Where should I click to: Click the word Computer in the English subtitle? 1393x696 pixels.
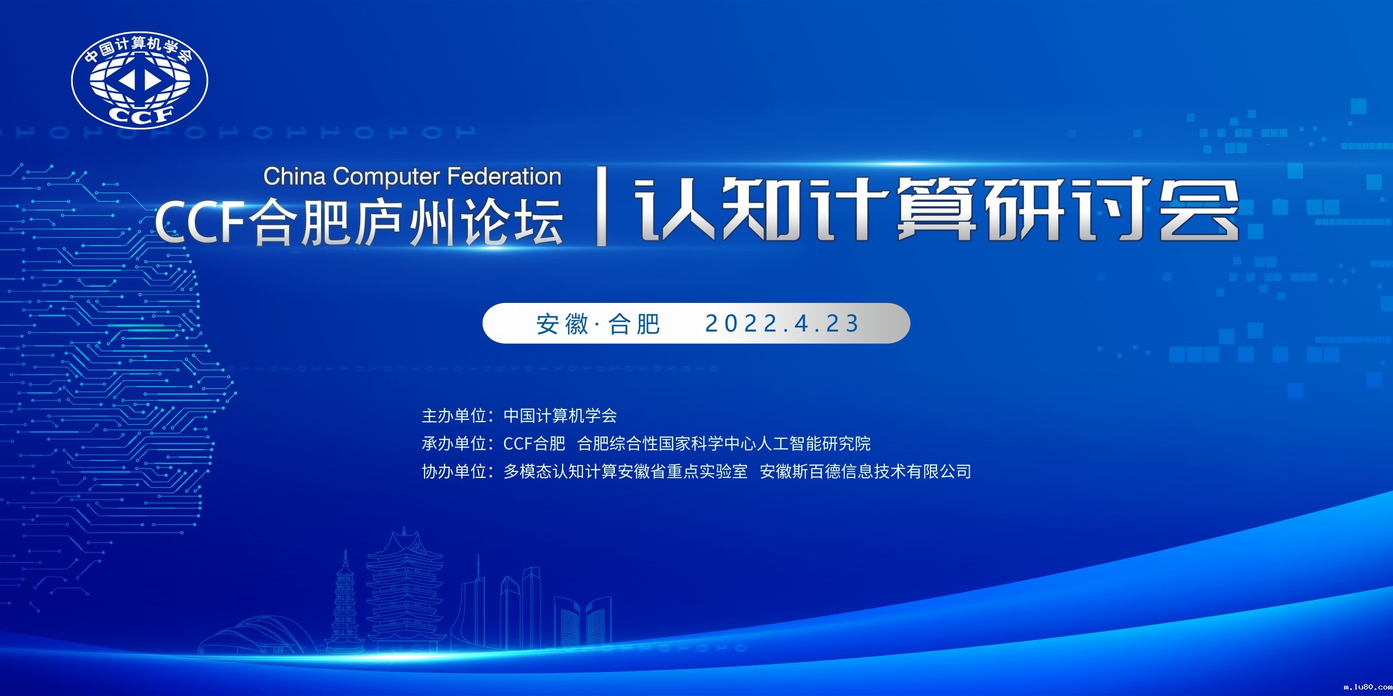coord(386,177)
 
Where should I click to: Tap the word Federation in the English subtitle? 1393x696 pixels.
coord(504,177)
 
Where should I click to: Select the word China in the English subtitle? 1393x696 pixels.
coord(294,177)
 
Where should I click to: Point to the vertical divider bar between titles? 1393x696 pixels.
coord(601,207)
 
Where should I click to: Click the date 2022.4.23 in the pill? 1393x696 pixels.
coord(782,324)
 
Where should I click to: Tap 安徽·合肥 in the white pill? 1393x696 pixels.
coord(598,324)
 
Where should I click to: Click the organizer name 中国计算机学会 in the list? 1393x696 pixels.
coord(560,416)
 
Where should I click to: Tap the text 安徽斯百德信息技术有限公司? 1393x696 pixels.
coord(865,471)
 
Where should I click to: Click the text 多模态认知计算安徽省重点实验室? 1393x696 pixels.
coord(625,471)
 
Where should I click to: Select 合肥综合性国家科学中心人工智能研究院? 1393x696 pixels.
coord(724,444)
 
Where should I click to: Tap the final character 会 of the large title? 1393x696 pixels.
coord(1199,209)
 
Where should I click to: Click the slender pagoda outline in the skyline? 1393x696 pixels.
coord(344,604)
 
